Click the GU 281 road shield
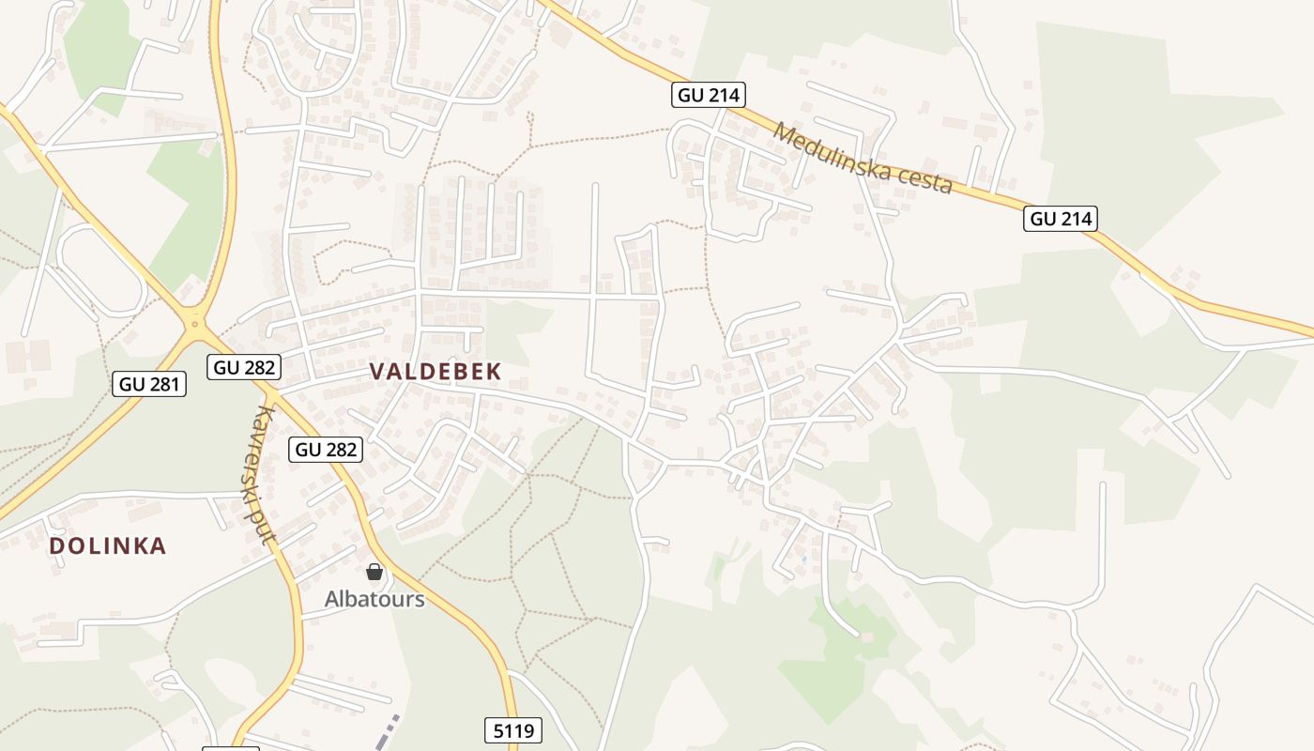[x=149, y=383]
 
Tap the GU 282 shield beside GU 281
[x=244, y=367]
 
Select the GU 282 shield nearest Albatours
[x=326, y=450]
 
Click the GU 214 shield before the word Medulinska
[x=709, y=95]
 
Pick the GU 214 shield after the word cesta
[x=1061, y=219]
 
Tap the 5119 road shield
[x=513, y=729]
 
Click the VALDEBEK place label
[x=435, y=372]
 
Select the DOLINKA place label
[x=107, y=545]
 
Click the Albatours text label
[x=374, y=599]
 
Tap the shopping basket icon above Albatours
[x=374, y=572]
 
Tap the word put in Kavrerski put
[x=269, y=531]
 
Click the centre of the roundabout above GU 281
[x=195, y=323]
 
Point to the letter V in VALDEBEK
[x=377, y=372]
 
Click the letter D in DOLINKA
[x=56, y=545]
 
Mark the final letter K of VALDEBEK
[x=494, y=372]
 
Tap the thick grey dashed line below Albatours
[x=387, y=733]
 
